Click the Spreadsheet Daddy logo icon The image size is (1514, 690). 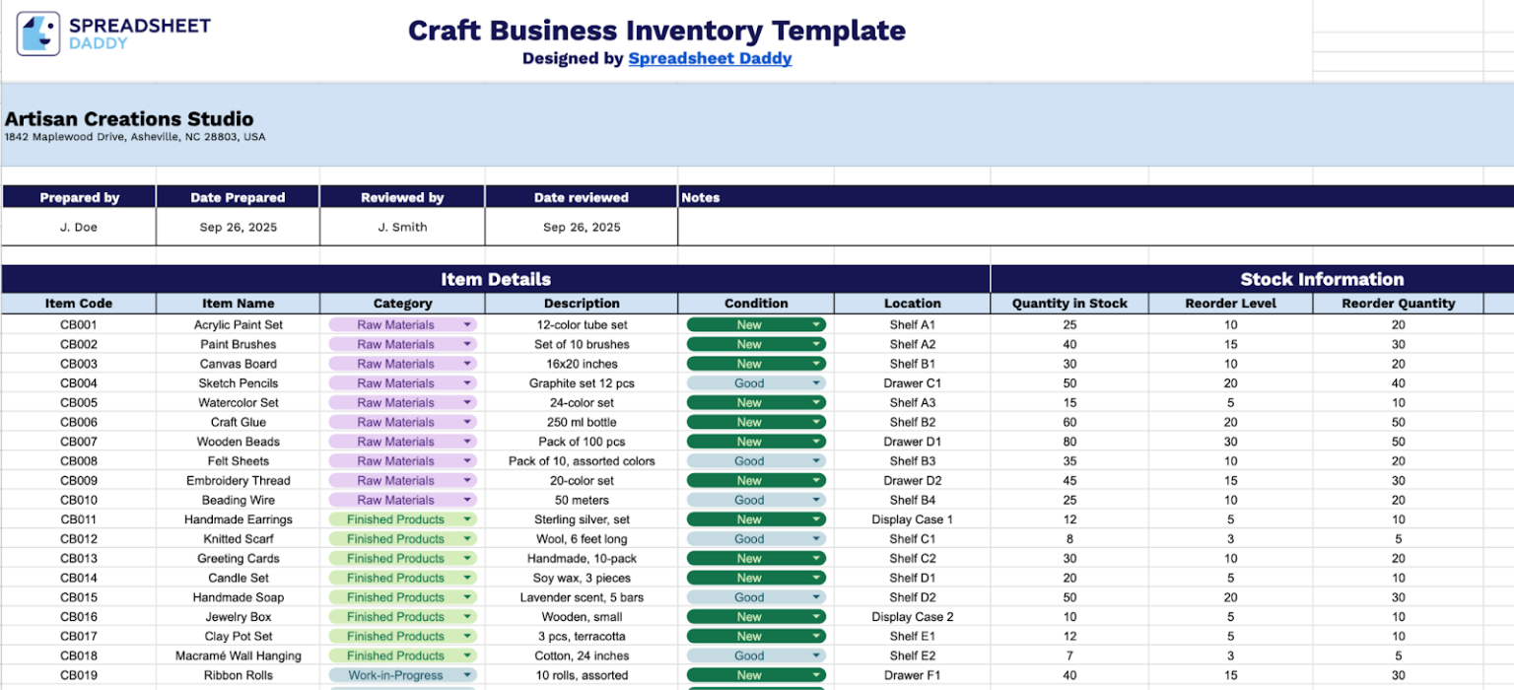(38, 34)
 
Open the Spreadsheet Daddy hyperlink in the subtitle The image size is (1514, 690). (710, 58)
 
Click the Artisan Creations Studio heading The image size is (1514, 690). (129, 119)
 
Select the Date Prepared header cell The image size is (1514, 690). (238, 197)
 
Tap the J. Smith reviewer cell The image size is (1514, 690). (402, 227)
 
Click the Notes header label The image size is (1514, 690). (701, 197)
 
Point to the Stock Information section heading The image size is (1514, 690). (1322, 279)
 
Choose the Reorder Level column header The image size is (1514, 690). (1230, 304)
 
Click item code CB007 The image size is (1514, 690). (79, 442)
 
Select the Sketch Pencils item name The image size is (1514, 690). (238, 383)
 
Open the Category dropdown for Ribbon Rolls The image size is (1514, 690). (467, 675)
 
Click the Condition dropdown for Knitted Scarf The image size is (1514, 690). (816, 539)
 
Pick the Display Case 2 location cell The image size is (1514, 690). (912, 617)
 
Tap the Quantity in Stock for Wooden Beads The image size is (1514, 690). (1069, 442)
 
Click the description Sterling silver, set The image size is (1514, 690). (582, 519)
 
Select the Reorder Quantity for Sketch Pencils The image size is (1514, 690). (1398, 383)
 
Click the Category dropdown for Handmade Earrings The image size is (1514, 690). (467, 519)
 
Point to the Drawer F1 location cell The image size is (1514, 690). (912, 675)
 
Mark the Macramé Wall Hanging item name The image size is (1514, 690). (238, 655)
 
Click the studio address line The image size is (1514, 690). (135, 137)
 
